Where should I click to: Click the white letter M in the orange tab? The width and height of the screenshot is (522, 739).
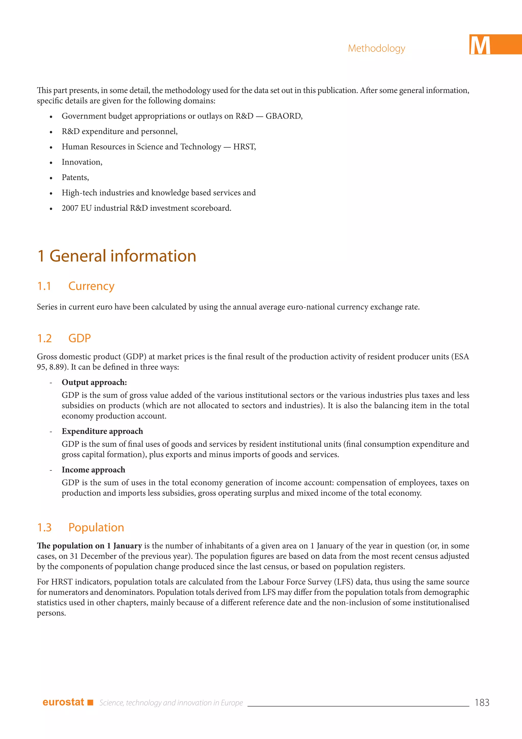pos(480,45)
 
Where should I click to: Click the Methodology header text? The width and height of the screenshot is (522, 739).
pos(376,48)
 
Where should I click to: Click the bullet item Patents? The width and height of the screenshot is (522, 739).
pos(75,178)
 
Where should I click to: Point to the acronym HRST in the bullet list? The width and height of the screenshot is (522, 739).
pos(244,147)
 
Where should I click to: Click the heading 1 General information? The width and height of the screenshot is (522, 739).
pos(117,256)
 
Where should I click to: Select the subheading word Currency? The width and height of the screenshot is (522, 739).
pos(91,286)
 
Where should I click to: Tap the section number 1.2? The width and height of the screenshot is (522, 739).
pos(44,339)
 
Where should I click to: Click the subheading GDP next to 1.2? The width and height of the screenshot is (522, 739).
pos(79,339)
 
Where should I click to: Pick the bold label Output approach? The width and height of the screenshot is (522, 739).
pos(94,382)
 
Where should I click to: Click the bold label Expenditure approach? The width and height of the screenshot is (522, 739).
pos(102,431)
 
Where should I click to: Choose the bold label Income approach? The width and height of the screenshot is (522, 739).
pos(93,470)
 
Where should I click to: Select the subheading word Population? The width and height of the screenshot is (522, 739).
pos(96,527)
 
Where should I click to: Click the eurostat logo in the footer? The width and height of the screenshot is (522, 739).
pos(63,702)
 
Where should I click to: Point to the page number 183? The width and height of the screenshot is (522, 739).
pos(482,703)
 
